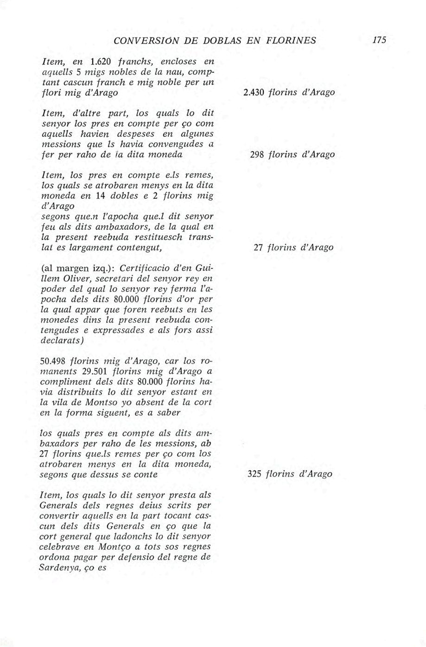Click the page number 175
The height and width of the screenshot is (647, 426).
pos(379,40)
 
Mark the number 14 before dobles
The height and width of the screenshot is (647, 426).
pos(102,196)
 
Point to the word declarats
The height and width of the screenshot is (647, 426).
pos(62,340)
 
